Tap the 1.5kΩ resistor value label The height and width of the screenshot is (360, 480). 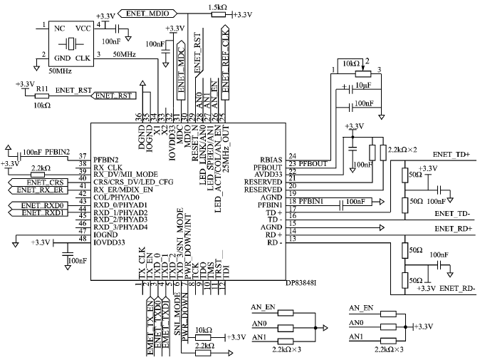pos(219,7)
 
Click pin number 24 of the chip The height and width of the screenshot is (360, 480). pos(292,157)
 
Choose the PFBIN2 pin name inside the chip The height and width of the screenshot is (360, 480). pos(105,159)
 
